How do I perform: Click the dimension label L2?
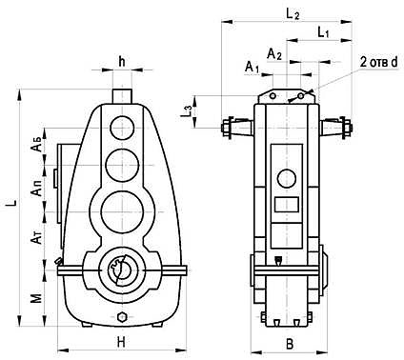[x=293, y=14]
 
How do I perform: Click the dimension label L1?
[x=323, y=32]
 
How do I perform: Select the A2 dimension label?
[x=274, y=54]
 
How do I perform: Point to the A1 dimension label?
[x=252, y=67]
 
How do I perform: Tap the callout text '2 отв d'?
[x=378, y=63]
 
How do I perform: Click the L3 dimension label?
[x=187, y=111]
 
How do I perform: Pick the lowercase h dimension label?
[x=122, y=62]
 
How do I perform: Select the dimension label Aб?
[x=37, y=145]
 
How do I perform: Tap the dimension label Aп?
[x=37, y=189]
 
